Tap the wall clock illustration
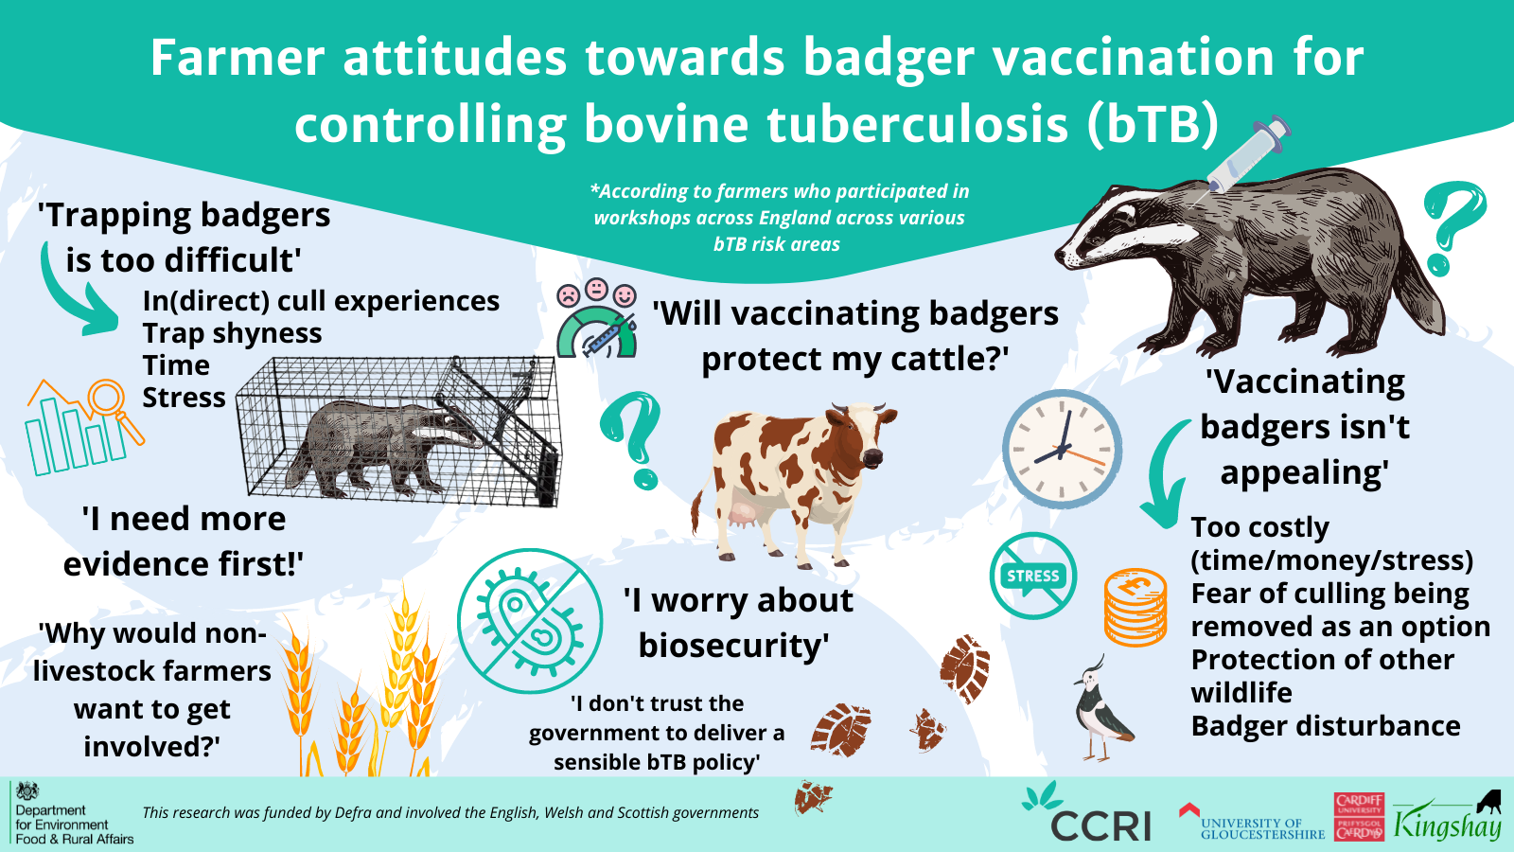(x=1062, y=450)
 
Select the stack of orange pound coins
(x=1135, y=607)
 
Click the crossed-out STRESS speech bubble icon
(x=1032, y=576)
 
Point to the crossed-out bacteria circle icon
(x=530, y=621)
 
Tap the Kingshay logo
(x=1448, y=820)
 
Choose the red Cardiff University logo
(x=1359, y=817)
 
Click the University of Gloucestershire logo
(x=1254, y=824)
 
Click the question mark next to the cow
(x=632, y=440)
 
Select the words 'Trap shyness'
(x=232, y=333)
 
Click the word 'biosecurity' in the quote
(x=733, y=646)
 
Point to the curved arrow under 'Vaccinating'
(x=1164, y=473)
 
